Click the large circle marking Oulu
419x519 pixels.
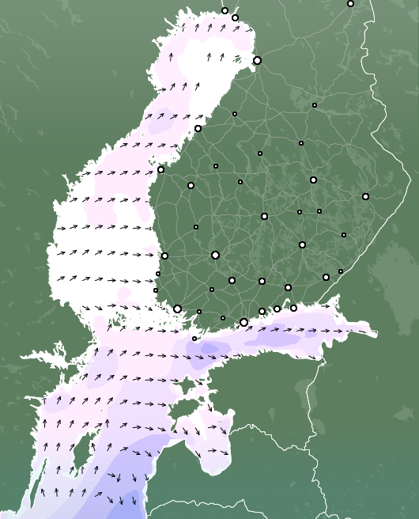click(x=257, y=60)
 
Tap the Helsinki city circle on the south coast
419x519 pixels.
click(x=243, y=322)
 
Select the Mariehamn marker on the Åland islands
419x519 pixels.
click(x=194, y=339)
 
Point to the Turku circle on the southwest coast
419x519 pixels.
click(x=177, y=309)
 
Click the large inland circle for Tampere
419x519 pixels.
click(x=215, y=255)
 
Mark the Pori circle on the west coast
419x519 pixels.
click(x=164, y=256)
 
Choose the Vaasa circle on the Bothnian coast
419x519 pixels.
click(x=160, y=169)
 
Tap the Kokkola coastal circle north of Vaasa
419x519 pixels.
click(x=198, y=128)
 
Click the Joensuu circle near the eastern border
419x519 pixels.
click(x=365, y=196)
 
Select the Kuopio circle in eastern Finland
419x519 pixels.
click(x=313, y=180)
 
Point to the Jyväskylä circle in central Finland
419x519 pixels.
click(x=264, y=216)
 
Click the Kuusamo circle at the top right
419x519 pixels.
click(x=350, y=4)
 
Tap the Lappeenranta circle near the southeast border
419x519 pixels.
click(x=326, y=277)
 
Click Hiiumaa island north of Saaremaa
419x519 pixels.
click(x=194, y=388)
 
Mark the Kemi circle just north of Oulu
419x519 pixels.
click(x=235, y=17)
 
